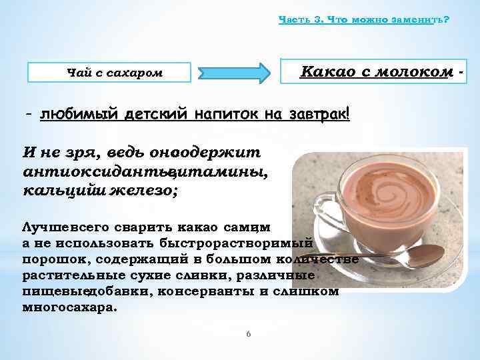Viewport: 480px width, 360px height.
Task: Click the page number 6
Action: [248, 334]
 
